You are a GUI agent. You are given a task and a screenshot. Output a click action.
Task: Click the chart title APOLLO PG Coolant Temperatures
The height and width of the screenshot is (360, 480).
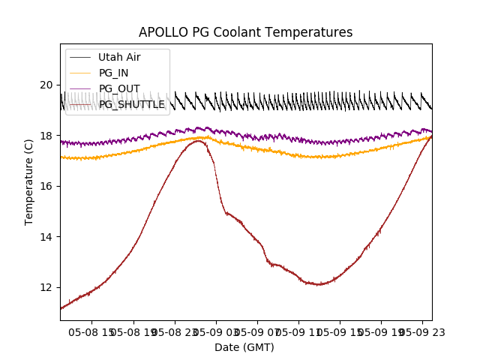coord(245,32)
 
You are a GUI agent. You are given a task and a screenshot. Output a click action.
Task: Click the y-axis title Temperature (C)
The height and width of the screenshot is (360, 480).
coord(29,181)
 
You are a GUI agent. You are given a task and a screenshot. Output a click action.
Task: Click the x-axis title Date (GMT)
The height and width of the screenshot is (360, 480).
coord(244,347)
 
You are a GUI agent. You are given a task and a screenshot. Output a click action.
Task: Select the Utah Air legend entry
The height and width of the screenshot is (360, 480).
coord(118,57)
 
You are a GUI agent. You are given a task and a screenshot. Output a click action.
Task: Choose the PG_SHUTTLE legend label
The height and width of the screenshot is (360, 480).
coord(131,104)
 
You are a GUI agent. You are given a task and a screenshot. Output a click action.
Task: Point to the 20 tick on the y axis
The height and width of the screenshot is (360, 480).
coord(47,85)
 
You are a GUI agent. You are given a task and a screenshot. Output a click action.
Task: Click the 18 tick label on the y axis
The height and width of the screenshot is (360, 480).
coord(47,136)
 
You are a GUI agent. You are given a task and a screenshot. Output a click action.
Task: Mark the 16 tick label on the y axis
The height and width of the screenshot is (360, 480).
coord(47,186)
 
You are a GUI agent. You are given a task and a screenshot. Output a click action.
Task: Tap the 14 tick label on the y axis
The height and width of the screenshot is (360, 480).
coord(47,237)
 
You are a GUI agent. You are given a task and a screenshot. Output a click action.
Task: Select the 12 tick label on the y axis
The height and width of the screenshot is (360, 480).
coord(47,287)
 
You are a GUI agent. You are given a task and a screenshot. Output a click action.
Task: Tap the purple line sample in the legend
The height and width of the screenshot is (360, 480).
coord(80,88)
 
